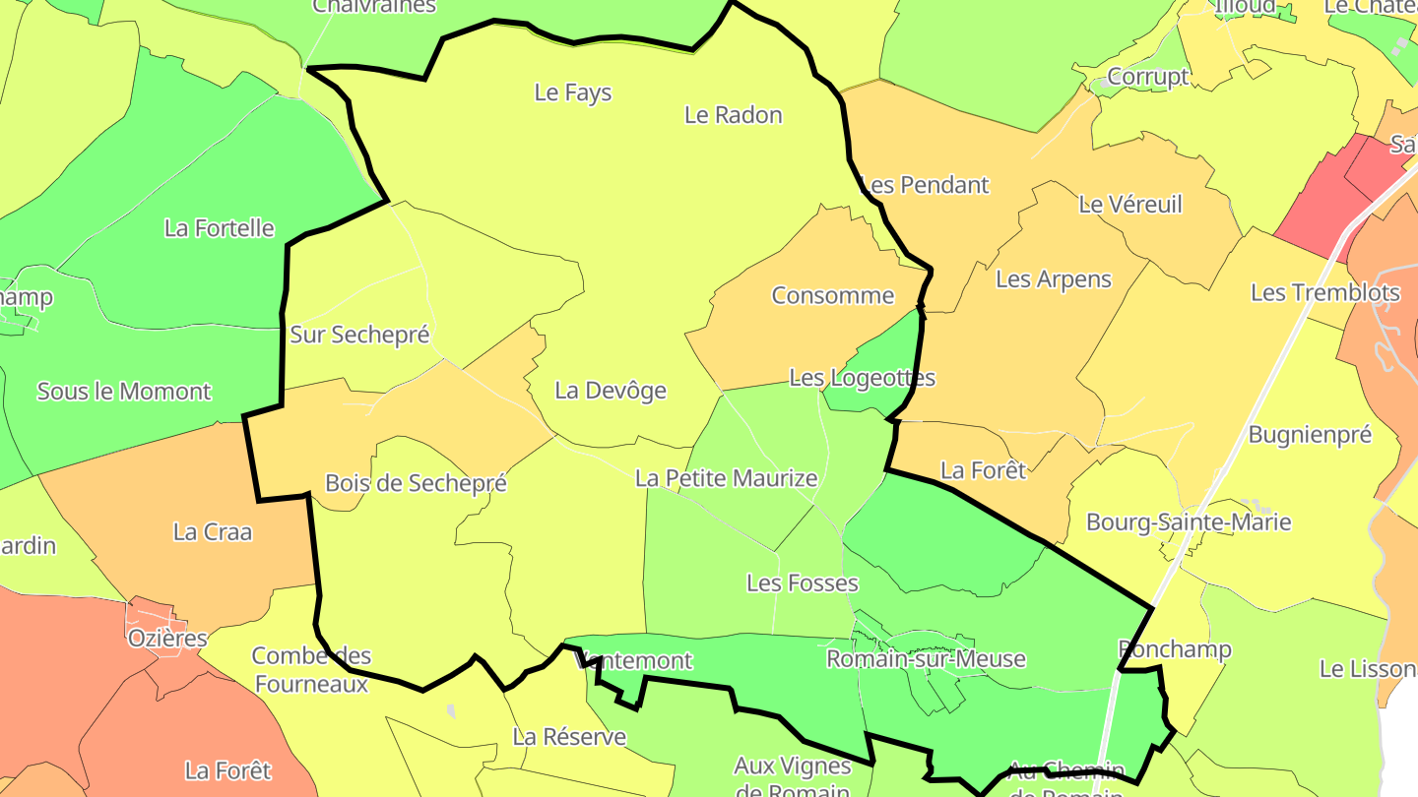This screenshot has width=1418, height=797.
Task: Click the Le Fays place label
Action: click(572, 92)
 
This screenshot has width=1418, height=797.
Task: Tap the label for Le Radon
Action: click(733, 115)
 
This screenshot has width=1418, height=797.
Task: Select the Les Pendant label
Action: click(924, 185)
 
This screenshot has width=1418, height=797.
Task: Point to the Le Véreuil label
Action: click(1130, 205)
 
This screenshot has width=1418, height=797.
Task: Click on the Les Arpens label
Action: click(1053, 279)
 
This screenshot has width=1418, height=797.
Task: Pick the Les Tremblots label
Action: click(1324, 292)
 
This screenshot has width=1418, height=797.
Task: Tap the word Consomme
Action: click(832, 295)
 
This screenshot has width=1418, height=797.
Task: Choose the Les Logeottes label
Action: click(862, 378)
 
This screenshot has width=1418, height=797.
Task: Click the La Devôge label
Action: click(611, 391)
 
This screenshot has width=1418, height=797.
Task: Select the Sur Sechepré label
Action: click(359, 335)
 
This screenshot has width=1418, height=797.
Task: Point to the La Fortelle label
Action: click(219, 228)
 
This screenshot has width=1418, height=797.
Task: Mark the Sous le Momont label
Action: click(124, 392)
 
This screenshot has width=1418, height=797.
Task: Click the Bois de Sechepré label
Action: click(416, 483)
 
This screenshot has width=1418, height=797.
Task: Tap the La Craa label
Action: click(213, 532)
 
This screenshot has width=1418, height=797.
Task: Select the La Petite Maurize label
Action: click(726, 479)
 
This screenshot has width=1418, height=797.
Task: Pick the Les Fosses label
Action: click(802, 583)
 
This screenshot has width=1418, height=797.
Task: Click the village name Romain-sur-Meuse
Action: click(926, 659)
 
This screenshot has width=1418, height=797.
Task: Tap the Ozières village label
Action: click(167, 639)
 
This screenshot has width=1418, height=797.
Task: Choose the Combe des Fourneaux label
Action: click(311, 669)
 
